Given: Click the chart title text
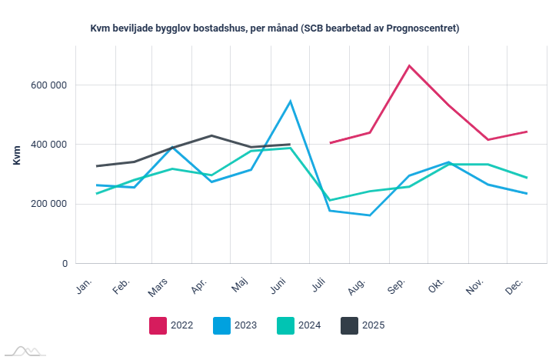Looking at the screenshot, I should (x=275, y=28).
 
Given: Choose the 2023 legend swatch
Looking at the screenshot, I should (x=221, y=325).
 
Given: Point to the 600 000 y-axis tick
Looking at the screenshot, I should (x=45, y=85).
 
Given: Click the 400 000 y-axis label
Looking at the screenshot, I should (x=45, y=145).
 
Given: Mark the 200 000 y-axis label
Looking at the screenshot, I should (x=45, y=204).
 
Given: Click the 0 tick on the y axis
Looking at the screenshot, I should (x=64, y=264).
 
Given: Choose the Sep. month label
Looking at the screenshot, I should (x=398, y=287).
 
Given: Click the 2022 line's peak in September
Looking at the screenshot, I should (x=409, y=65).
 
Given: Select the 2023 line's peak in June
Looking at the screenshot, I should (x=291, y=101).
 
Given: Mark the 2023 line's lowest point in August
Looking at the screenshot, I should (x=370, y=215).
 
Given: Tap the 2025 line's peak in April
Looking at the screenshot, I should (x=211, y=135).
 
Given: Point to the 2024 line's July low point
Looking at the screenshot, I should (x=330, y=200).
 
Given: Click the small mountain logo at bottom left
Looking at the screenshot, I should (x=23, y=351).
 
